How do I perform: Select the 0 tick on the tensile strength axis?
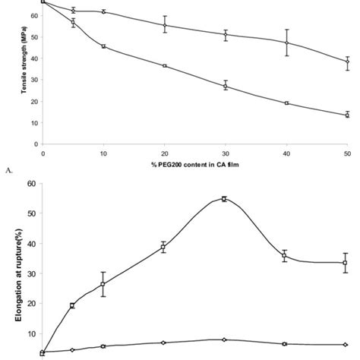35,144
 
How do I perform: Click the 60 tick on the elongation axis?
32,183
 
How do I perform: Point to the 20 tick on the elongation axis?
32,303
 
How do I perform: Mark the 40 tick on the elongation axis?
32,243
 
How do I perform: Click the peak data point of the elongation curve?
224,199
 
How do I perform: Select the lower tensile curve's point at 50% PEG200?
347,115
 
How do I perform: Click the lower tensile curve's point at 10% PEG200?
103,46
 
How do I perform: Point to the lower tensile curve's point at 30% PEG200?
225,87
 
